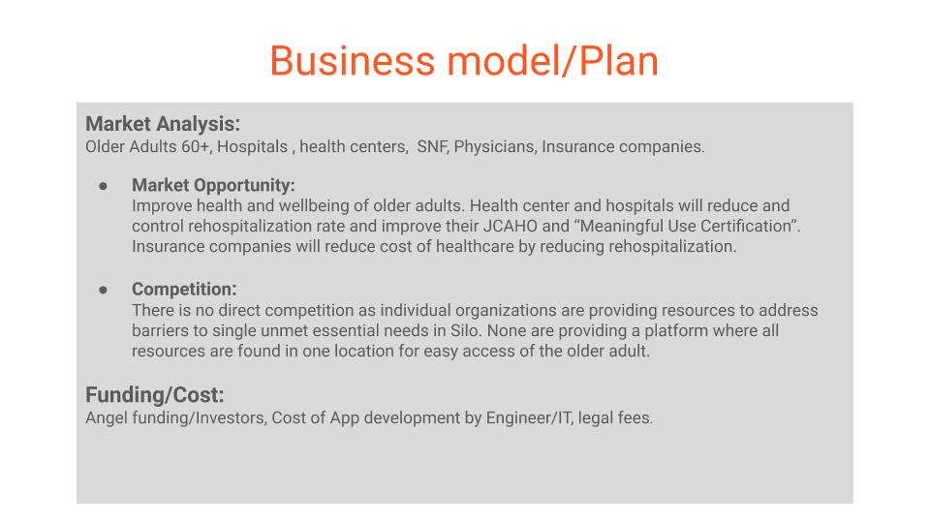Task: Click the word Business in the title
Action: pyautogui.click(x=353, y=61)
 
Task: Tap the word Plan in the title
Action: pyautogui.click(x=618, y=61)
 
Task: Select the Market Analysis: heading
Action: pyautogui.click(x=163, y=124)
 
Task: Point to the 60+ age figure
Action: pyautogui.click(x=195, y=146)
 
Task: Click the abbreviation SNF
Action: pyautogui.click(x=432, y=146)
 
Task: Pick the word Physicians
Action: pyautogui.click(x=495, y=146)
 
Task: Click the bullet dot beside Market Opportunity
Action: pyautogui.click(x=104, y=186)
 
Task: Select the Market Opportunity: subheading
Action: pyautogui.click(x=213, y=185)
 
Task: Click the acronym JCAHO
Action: pyautogui.click(x=511, y=226)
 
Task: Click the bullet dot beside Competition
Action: pyautogui.click(x=104, y=290)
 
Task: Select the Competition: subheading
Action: pyautogui.click(x=184, y=289)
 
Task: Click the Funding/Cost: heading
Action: pyautogui.click(x=155, y=395)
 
